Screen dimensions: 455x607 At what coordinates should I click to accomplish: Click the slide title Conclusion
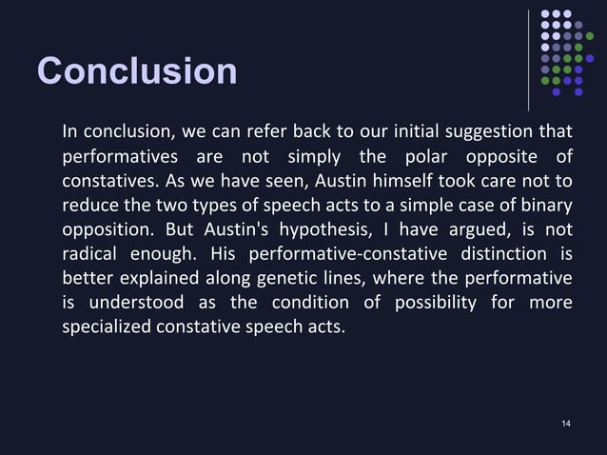(x=136, y=71)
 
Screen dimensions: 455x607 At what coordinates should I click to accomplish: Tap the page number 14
(x=566, y=422)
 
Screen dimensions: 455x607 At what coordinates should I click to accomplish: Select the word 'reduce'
(x=87, y=205)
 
